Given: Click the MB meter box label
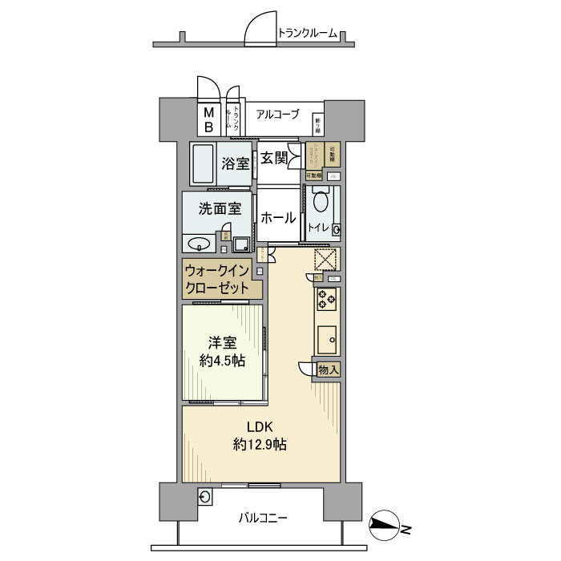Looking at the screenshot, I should [x=208, y=119].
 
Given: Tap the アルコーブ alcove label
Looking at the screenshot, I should [x=278, y=115].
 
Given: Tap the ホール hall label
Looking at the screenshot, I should [x=278, y=217].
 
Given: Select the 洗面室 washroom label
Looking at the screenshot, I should [x=220, y=208].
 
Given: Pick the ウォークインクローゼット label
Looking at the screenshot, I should [x=218, y=280].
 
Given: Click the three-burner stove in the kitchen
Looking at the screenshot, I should [x=327, y=300].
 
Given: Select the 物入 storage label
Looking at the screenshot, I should [x=328, y=369].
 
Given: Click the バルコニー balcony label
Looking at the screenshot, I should [x=263, y=518].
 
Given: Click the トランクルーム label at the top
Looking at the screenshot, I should [x=307, y=33].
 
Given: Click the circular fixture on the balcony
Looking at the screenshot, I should [x=204, y=498].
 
